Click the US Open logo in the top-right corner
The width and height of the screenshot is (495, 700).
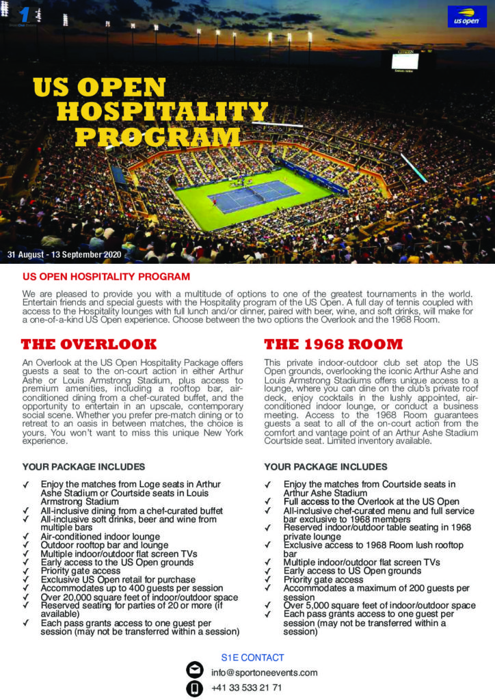click(x=463, y=17)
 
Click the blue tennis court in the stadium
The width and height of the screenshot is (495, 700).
click(x=254, y=196)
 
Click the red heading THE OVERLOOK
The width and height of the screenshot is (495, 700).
click(x=89, y=344)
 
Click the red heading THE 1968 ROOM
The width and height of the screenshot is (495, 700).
click(x=333, y=344)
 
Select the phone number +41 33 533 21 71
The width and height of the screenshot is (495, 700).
click(x=247, y=688)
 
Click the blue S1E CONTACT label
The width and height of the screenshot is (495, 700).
click(x=252, y=658)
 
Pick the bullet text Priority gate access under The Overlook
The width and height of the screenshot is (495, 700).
click(x=80, y=571)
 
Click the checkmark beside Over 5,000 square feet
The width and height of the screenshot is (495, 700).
click(x=268, y=606)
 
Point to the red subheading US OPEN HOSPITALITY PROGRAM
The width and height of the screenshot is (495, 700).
click(x=106, y=277)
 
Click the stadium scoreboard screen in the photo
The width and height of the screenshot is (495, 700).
click(x=410, y=61)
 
